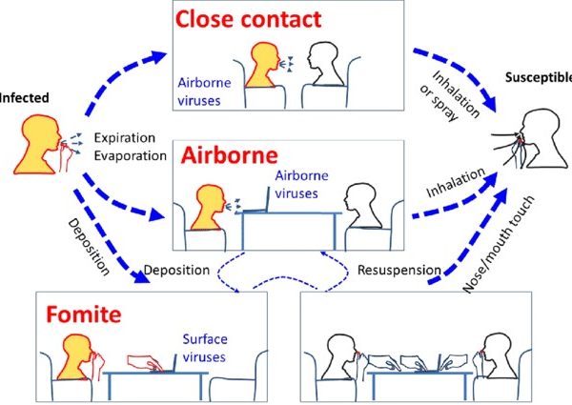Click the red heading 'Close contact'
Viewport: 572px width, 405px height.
point(249,19)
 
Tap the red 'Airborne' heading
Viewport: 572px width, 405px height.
point(230,155)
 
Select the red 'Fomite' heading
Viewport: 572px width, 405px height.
point(84,314)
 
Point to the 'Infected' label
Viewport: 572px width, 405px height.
point(24,98)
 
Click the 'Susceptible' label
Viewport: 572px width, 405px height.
point(539,77)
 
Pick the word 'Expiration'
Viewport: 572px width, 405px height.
point(125,138)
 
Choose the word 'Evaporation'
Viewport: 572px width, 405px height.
point(131,155)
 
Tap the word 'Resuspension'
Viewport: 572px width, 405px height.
point(399,270)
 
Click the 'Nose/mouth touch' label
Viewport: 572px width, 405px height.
point(499,244)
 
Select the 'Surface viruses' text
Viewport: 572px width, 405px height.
point(205,348)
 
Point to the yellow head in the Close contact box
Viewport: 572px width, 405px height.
point(262,65)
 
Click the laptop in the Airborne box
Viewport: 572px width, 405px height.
point(256,202)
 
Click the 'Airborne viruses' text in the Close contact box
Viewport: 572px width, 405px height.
point(204,91)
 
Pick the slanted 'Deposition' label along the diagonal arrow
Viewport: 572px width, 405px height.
point(89,247)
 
